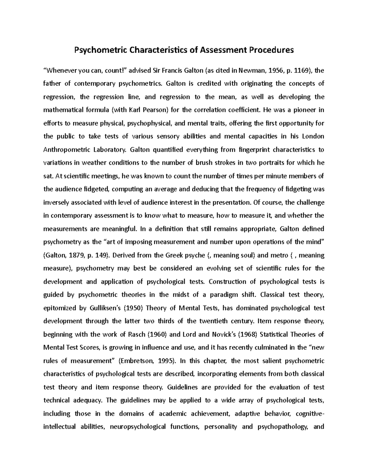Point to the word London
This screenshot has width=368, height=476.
tap(313, 136)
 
